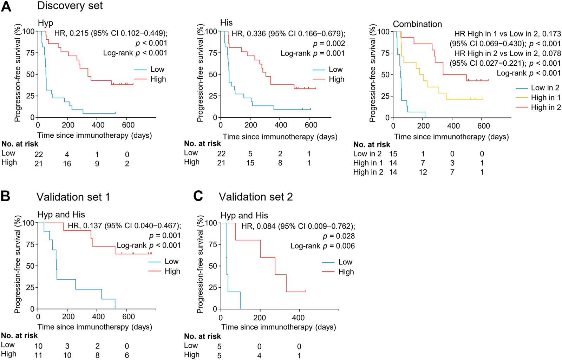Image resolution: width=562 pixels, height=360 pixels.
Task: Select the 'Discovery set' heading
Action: [x=70, y=6]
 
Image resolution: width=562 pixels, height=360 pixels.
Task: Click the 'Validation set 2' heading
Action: [x=256, y=197]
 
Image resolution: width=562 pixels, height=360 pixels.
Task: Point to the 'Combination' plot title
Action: [x=417, y=24]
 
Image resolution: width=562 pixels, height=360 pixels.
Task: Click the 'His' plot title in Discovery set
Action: [x=226, y=23]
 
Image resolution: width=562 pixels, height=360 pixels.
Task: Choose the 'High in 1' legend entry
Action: [x=545, y=98]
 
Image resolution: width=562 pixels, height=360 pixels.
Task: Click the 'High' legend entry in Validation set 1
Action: [x=172, y=271]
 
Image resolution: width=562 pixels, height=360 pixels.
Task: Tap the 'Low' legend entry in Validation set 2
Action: [x=345, y=262]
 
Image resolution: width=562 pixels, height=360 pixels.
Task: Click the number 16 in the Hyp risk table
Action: [x=67, y=164]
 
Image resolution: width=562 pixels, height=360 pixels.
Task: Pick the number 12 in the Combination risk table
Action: [x=423, y=172]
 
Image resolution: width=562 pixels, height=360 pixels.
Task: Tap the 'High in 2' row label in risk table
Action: [x=368, y=172]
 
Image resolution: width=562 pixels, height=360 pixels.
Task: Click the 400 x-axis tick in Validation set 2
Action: [x=299, y=318]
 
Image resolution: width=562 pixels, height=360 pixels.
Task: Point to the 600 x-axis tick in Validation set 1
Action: [x=128, y=317]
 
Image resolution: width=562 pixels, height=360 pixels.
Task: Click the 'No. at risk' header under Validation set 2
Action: [x=203, y=336]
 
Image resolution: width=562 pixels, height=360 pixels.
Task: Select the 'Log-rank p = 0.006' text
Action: [x=322, y=246]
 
